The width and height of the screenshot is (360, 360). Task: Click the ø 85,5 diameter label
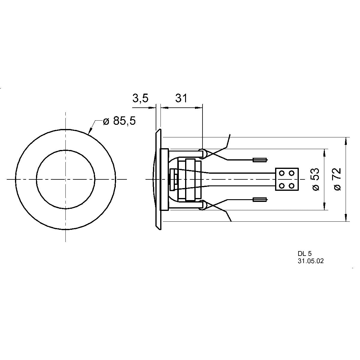(119, 121)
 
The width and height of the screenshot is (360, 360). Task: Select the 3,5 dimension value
(140, 98)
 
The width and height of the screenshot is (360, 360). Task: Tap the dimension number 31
(181, 98)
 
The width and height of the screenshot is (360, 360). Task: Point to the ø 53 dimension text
(316, 179)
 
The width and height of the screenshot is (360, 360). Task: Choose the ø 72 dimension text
(337, 179)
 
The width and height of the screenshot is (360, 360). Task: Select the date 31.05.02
(311, 261)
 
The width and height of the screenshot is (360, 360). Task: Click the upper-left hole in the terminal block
(282, 173)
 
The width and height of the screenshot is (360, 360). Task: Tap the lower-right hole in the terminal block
(291, 186)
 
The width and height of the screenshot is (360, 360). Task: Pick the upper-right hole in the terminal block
(291, 173)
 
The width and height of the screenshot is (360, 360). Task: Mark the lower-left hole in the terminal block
(282, 186)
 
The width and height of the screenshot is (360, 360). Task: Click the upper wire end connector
(260, 160)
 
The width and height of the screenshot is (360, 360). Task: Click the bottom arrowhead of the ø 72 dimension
(347, 218)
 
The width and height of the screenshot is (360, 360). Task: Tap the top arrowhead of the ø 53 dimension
(324, 152)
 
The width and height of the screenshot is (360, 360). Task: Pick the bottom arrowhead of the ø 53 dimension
(324, 206)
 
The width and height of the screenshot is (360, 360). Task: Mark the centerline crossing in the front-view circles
(65, 179)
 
